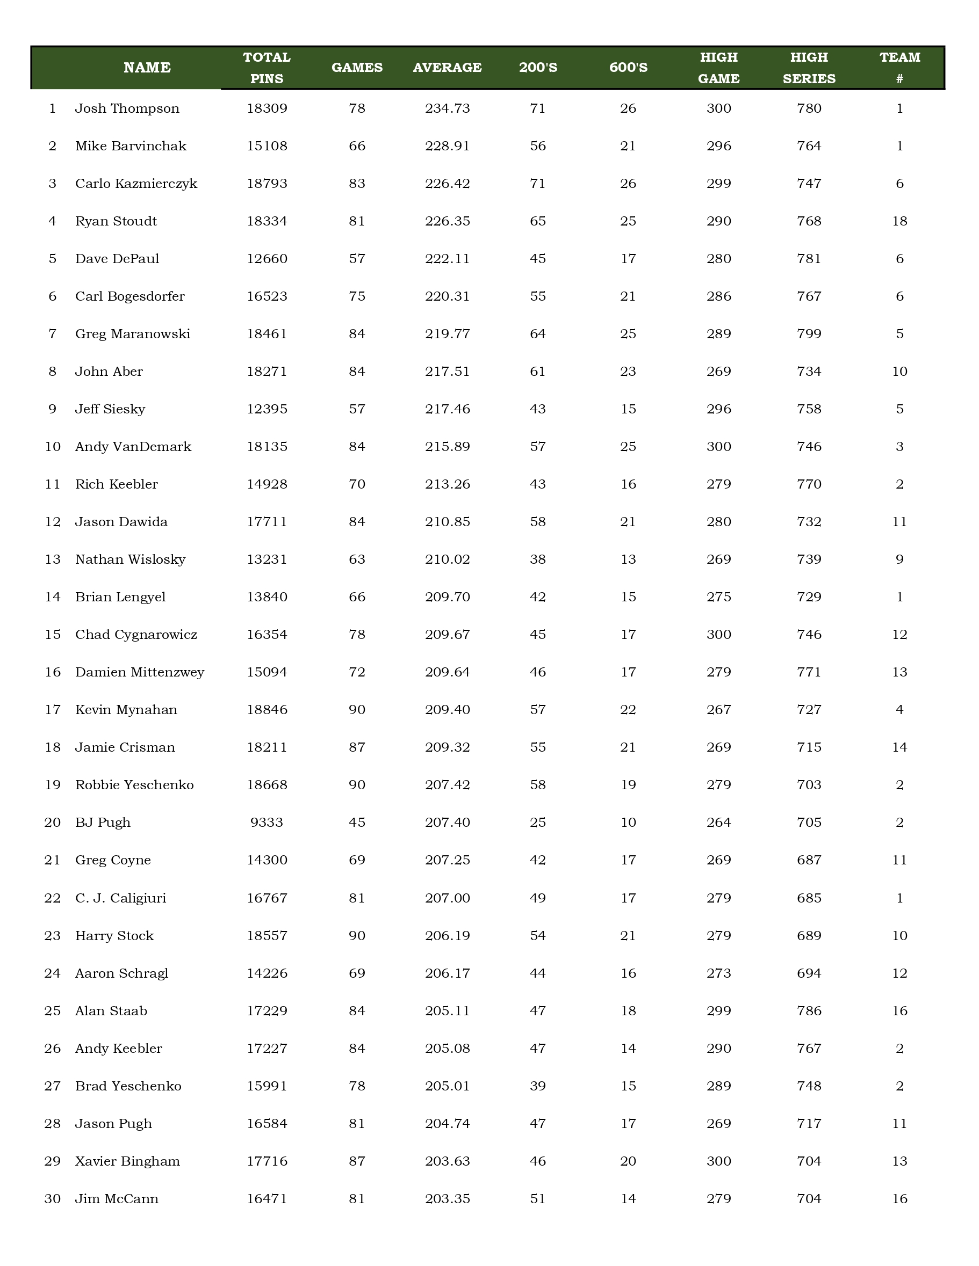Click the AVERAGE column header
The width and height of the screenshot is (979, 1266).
point(447,68)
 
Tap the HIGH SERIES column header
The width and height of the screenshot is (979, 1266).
point(809,68)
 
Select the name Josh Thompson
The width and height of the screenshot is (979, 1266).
point(127,108)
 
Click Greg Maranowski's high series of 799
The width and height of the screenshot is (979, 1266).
point(809,334)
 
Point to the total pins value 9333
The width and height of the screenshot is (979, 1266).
point(267,823)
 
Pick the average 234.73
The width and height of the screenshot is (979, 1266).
point(447,108)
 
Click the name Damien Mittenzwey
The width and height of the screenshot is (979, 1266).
point(140,672)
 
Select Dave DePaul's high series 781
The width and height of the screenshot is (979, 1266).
point(809,259)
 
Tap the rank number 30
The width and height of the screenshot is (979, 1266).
point(53,1199)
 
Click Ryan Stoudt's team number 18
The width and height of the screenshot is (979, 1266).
point(899,221)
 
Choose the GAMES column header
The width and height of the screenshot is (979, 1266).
point(357,68)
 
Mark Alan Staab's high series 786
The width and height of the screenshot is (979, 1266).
point(809,1011)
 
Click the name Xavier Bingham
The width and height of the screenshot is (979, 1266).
point(127,1161)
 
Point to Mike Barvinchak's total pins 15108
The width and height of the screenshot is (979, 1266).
point(267,146)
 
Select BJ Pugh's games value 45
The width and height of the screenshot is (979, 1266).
point(357,823)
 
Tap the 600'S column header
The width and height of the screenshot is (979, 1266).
point(628,68)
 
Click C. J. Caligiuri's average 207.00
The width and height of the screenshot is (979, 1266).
point(447,898)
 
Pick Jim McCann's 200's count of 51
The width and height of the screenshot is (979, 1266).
point(538,1199)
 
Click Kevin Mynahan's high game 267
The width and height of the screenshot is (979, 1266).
point(718,710)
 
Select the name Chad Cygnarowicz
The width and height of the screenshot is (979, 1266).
point(136,635)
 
